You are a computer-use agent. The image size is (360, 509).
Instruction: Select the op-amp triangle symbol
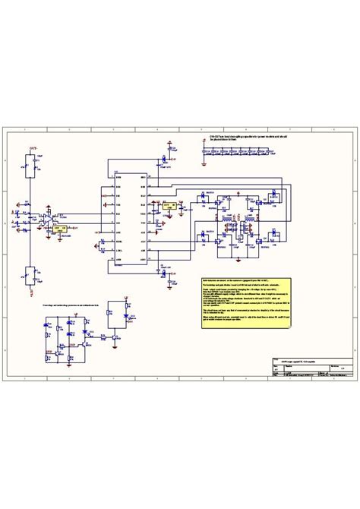click(x=46, y=216)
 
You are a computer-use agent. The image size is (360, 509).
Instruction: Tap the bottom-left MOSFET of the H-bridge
click(x=216, y=241)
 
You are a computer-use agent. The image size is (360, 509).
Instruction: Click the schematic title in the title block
click(x=301, y=339)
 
